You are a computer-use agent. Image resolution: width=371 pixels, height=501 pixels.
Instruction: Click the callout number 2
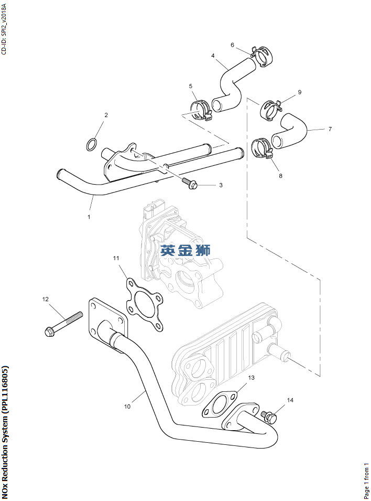tap(106, 115)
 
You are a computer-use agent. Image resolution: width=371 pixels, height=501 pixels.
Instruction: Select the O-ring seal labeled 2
tap(92, 144)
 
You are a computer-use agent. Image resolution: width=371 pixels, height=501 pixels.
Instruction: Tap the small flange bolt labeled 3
tap(190, 183)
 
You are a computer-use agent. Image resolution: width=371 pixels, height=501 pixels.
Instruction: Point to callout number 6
tap(233, 45)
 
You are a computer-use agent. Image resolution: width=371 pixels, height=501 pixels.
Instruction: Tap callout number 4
tap(213, 56)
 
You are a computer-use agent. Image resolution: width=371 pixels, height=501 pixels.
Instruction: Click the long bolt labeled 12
tap(63, 324)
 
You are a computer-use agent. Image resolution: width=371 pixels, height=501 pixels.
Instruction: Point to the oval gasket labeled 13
tap(220, 404)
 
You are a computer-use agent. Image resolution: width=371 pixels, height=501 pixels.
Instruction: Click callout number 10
tap(127, 407)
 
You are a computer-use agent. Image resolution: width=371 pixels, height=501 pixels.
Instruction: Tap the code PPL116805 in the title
tap(4, 410)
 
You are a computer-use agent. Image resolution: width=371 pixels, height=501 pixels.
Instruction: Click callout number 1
tap(89, 217)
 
